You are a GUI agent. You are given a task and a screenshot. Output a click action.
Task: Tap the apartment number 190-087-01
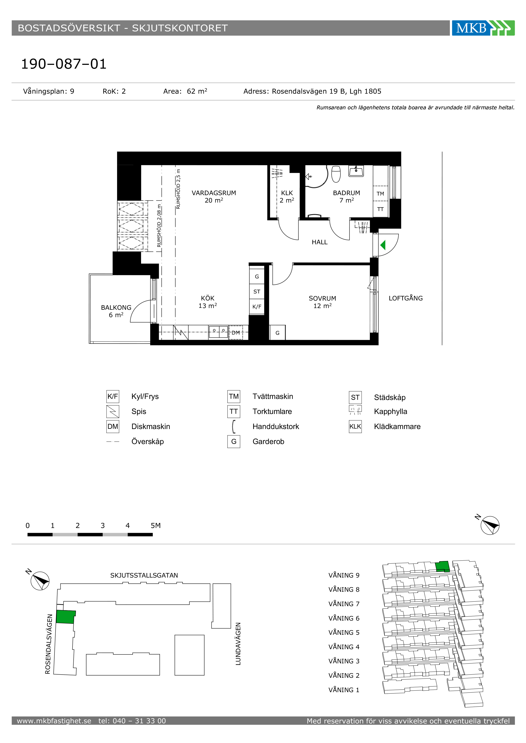tap(64, 64)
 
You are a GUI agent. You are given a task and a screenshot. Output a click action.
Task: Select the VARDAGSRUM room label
tap(214, 193)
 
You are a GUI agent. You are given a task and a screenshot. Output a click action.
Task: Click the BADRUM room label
tap(346, 193)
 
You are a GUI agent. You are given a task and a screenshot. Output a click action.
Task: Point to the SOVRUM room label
tap(322, 298)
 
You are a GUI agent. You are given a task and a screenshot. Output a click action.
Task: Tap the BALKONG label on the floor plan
tap(116, 307)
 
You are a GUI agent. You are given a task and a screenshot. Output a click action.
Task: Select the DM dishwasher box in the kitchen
tap(236, 332)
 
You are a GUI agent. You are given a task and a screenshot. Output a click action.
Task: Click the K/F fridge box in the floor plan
tap(257, 306)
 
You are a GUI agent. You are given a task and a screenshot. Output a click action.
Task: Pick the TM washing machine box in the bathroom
tap(380, 193)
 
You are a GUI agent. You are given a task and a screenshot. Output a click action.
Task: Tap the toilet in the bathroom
tap(336, 174)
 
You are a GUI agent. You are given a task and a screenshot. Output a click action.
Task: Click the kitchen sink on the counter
tap(219, 332)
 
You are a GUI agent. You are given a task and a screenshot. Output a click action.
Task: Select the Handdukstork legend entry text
tap(276, 426)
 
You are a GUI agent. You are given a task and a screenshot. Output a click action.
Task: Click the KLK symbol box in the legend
tap(355, 426)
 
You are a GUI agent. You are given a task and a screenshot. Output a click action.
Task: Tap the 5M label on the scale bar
tap(155, 526)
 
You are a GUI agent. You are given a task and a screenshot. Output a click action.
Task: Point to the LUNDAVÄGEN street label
tap(238, 644)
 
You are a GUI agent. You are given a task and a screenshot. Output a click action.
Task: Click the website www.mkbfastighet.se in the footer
tap(54, 721)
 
